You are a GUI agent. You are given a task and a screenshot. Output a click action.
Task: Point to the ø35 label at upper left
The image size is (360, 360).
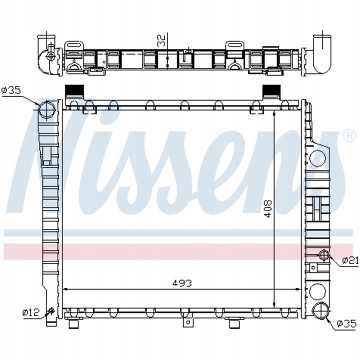pos(10,90)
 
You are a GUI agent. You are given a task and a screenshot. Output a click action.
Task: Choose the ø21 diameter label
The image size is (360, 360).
pos(350,260)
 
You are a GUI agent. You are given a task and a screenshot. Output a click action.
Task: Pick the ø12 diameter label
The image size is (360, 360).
pos(30,312)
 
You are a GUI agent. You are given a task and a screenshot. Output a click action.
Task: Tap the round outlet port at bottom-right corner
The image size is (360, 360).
pos(319,310)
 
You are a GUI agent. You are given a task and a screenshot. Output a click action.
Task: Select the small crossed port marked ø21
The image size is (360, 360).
pos(324,256)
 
